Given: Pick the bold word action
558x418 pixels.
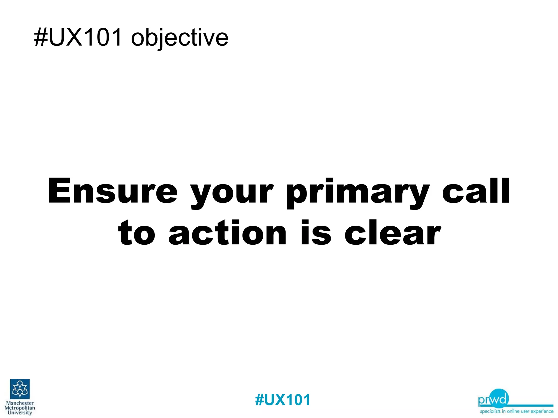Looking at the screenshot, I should (x=228, y=233).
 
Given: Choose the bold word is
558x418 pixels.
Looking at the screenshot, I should (x=316, y=233).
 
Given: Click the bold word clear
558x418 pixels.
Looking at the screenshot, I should (x=392, y=233).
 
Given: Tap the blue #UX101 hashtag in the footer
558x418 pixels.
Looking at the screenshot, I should (x=283, y=400).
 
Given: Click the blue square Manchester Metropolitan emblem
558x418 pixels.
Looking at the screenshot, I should (x=20, y=389).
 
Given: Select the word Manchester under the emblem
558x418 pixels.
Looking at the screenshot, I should (x=20, y=403).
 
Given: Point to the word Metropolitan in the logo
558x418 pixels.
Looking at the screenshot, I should (x=20, y=408).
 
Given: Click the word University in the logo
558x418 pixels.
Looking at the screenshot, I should (x=20, y=413).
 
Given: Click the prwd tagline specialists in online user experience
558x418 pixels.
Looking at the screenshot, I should (x=517, y=411).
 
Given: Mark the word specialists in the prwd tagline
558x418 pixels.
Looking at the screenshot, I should (x=490, y=411).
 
